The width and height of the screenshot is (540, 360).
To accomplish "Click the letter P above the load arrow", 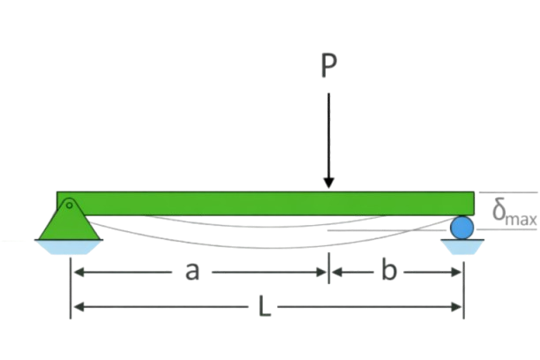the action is [329, 66].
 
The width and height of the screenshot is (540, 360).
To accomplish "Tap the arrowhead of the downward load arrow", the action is [329, 183].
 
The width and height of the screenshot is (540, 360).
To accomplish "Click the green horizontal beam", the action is [266, 204].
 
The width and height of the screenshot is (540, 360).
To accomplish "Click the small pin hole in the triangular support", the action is [69, 206].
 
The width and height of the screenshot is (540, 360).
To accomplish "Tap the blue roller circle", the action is [461, 228].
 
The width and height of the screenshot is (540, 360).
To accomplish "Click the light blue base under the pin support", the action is [69, 247].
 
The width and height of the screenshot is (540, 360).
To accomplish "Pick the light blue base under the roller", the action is [461, 247].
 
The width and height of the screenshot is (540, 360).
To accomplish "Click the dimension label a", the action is [192, 272].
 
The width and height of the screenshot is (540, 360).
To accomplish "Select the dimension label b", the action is [389, 270].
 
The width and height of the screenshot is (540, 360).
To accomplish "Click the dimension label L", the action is [265, 306].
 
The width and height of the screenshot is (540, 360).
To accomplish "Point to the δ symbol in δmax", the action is [499, 210].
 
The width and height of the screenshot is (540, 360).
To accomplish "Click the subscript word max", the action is [521, 219].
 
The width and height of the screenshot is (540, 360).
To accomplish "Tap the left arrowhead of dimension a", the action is [79, 272].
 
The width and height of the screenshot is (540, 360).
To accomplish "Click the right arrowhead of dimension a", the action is [321, 272].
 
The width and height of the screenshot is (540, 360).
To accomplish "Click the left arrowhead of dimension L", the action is [79, 306].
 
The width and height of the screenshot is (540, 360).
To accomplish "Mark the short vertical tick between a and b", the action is [329, 268].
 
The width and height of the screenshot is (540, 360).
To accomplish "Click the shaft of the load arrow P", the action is [329, 136].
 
